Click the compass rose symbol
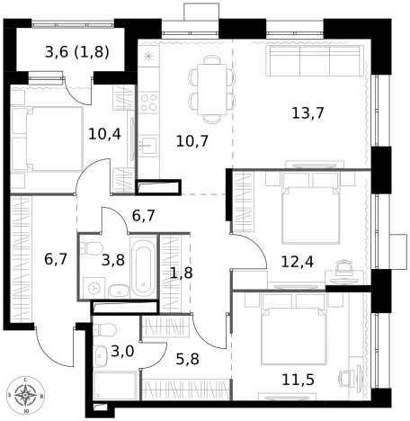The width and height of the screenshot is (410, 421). (28, 395)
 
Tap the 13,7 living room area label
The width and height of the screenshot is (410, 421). (307, 113)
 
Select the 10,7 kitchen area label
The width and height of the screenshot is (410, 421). (192, 140)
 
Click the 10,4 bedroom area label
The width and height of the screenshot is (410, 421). (104, 134)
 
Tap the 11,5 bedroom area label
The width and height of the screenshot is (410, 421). (298, 379)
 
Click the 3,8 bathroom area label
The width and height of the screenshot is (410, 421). (113, 261)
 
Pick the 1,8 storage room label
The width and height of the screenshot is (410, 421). (181, 273)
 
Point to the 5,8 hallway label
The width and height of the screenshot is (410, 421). (187, 359)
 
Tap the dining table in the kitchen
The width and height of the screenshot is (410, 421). (212, 88)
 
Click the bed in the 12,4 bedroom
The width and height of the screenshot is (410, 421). (310, 210)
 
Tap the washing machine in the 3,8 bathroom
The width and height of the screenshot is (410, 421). (94, 287)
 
